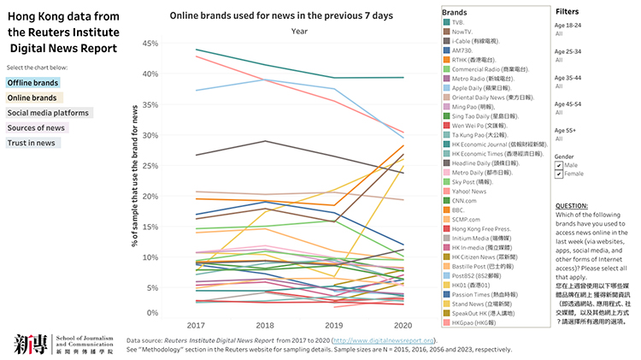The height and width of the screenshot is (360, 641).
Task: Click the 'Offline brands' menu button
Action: (x=33, y=83)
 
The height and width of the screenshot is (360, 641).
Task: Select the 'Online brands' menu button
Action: (x=32, y=97)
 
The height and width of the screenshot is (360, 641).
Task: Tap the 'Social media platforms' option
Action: (x=48, y=112)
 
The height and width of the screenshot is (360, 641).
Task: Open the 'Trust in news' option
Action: (x=32, y=142)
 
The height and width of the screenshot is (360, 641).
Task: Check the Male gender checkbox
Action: (x=560, y=165)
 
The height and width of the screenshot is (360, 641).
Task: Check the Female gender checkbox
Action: (x=560, y=174)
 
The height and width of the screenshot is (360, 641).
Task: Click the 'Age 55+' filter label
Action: (x=566, y=129)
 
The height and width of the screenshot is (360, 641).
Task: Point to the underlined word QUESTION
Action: (x=573, y=207)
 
